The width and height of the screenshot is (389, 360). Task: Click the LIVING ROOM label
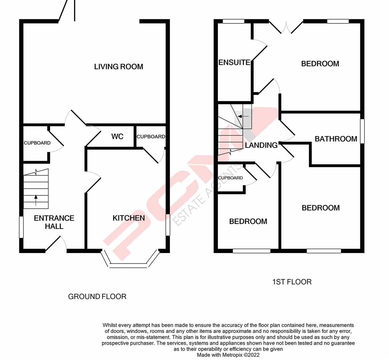(x=118, y=67)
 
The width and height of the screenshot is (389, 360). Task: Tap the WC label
(x=117, y=136)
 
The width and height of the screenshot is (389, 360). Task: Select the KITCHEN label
(x=128, y=218)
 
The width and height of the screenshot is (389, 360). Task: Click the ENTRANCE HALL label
(x=54, y=222)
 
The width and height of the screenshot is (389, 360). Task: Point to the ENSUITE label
(x=234, y=62)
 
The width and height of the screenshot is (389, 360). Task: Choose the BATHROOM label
(x=336, y=139)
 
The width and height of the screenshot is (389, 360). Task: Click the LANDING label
(x=261, y=145)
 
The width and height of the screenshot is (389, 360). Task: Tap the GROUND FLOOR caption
(x=97, y=296)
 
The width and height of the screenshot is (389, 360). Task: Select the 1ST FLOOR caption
(x=292, y=282)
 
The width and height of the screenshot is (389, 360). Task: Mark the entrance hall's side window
(x=21, y=227)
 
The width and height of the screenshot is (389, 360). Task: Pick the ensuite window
(x=234, y=22)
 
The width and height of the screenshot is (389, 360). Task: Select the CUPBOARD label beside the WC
(x=151, y=137)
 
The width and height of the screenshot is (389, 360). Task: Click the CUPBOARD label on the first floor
(x=230, y=178)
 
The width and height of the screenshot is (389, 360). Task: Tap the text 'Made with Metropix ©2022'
(x=228, y=355)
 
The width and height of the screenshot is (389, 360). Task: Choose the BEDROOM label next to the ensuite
(x=320, y=64)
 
